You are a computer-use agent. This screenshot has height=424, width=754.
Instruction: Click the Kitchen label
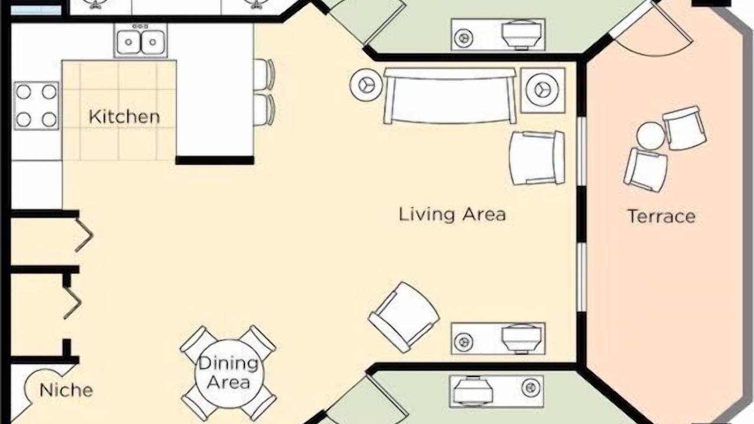pos(124,117)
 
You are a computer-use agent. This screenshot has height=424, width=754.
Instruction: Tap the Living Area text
pos(452,214)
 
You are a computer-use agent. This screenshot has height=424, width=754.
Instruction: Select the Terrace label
pos(662,216)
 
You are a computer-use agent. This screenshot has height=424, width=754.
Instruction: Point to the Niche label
pos(66,390)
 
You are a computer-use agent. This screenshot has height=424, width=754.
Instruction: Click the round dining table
pos(230,374)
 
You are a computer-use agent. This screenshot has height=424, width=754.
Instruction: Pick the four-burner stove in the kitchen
pos(36,105)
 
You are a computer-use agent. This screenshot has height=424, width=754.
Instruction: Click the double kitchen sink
pos(140,41)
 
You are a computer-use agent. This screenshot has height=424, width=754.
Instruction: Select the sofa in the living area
pos(450,96)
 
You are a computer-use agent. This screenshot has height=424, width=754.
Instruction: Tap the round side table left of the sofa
pos(366,85)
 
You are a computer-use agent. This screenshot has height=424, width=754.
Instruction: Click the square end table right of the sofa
pos(543,90)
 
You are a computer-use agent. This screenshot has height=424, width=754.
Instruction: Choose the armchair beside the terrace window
pos(537,158)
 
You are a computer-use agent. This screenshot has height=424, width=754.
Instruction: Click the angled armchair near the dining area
pos(404,317)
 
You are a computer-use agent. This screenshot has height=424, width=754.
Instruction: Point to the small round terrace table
pos(650,136)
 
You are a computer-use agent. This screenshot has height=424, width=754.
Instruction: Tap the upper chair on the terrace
pos(684,128)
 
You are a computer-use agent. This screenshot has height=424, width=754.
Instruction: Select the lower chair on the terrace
pos(645,170)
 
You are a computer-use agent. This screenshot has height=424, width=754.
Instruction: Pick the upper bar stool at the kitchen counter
pos(264,74)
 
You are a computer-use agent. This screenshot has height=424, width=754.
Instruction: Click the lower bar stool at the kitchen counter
pos(264,110)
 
